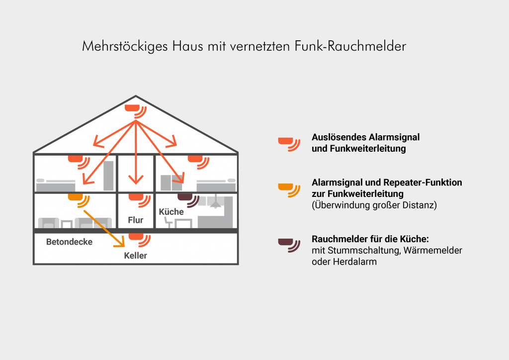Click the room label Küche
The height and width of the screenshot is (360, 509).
point(171,212)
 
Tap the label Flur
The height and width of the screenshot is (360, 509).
point(135,220)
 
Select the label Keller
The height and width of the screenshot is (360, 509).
point(135,256)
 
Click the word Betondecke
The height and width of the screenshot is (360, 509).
point(69,242)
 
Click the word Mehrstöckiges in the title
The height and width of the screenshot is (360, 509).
point(125,46)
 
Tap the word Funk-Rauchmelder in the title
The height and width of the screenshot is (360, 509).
point(350,46)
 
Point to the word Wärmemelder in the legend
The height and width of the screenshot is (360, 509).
point(433,250)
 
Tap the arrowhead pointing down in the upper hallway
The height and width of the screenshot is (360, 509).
point(136,179)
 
